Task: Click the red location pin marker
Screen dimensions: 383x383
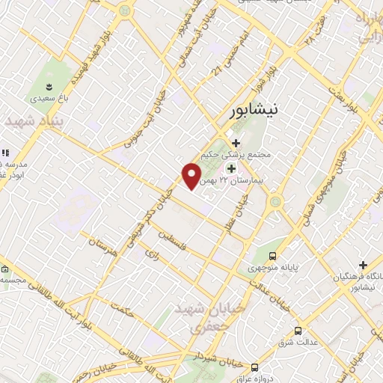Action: click(x=191, y=177)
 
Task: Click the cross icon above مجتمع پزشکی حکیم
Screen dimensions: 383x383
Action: click(x=236, y=143)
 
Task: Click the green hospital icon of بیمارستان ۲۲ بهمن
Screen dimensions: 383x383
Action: click(x=231, y=168)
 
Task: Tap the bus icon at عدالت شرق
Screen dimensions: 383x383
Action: click(x=298, y=330)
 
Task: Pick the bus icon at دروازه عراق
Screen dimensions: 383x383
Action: click(x=255, y=367)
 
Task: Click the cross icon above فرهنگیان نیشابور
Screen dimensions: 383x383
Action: click(x=363, y=265)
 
